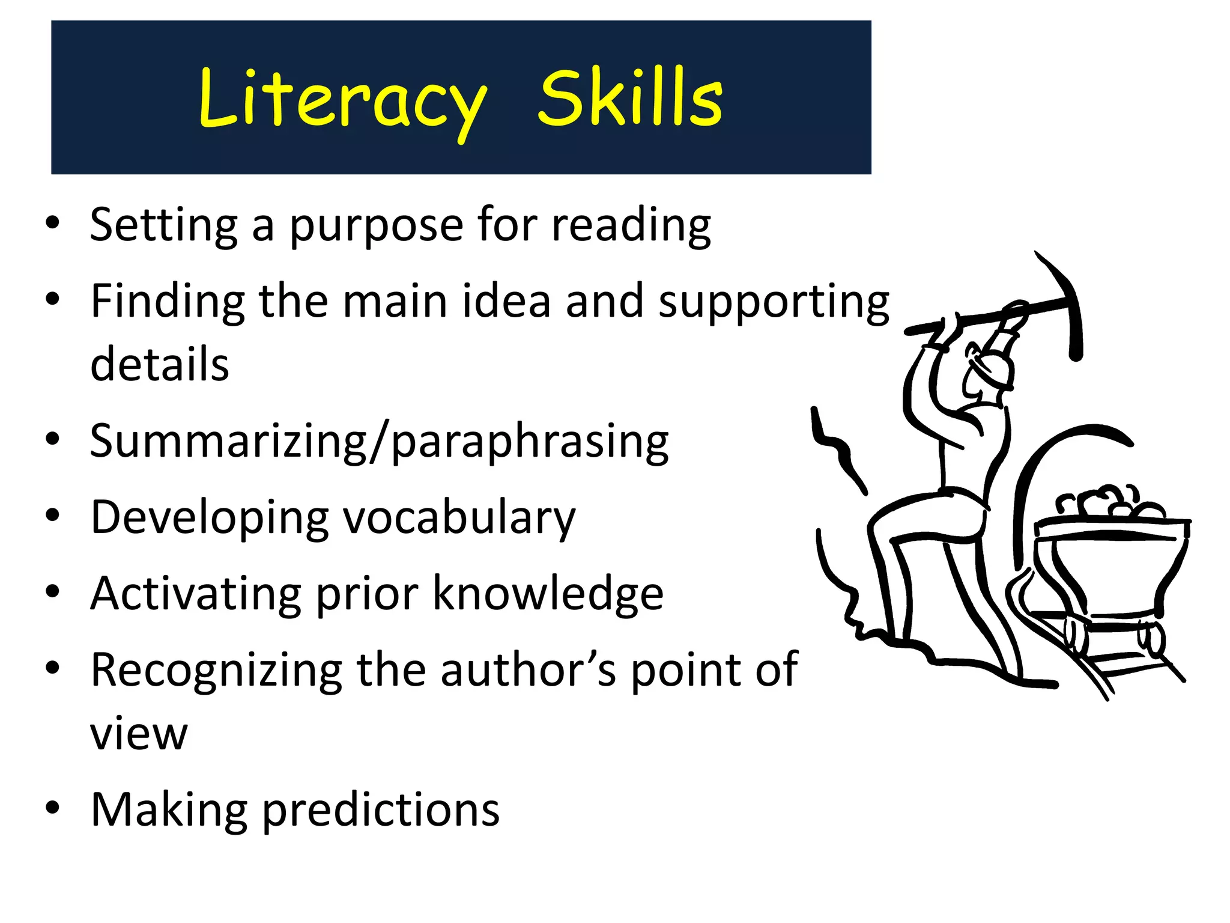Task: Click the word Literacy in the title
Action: click(x=342, y=100)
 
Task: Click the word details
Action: click(x=160, y=364)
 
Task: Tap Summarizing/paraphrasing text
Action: click(x=379, y=442)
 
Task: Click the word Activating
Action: click(x=195, y=594)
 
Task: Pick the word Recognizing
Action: click(x=216, y=670)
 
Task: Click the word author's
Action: click(x=528, y=670)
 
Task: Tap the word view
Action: click(x=139, y=734)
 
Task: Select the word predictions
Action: click(x=381, y=810)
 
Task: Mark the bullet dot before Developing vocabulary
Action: click(x=53, y=516)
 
